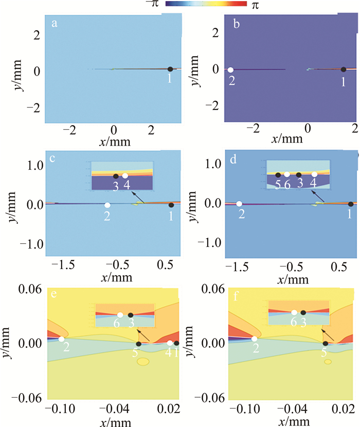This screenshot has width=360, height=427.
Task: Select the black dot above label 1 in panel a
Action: point(170,69)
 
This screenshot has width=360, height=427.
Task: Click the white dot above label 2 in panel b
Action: point(231,69)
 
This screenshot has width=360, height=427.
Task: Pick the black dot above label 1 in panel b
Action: point(344,69)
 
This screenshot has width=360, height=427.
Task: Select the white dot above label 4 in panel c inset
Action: point(125,176)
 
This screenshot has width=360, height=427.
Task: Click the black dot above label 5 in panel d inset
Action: point(278,175)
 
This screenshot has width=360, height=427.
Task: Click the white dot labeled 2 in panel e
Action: point(62,339)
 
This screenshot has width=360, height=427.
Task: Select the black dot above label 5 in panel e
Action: point(138,344)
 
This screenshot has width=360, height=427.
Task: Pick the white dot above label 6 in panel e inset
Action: point(120,315)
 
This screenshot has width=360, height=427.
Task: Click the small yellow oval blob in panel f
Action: point(328,362)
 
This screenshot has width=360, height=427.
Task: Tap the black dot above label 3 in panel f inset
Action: point(303,312)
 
